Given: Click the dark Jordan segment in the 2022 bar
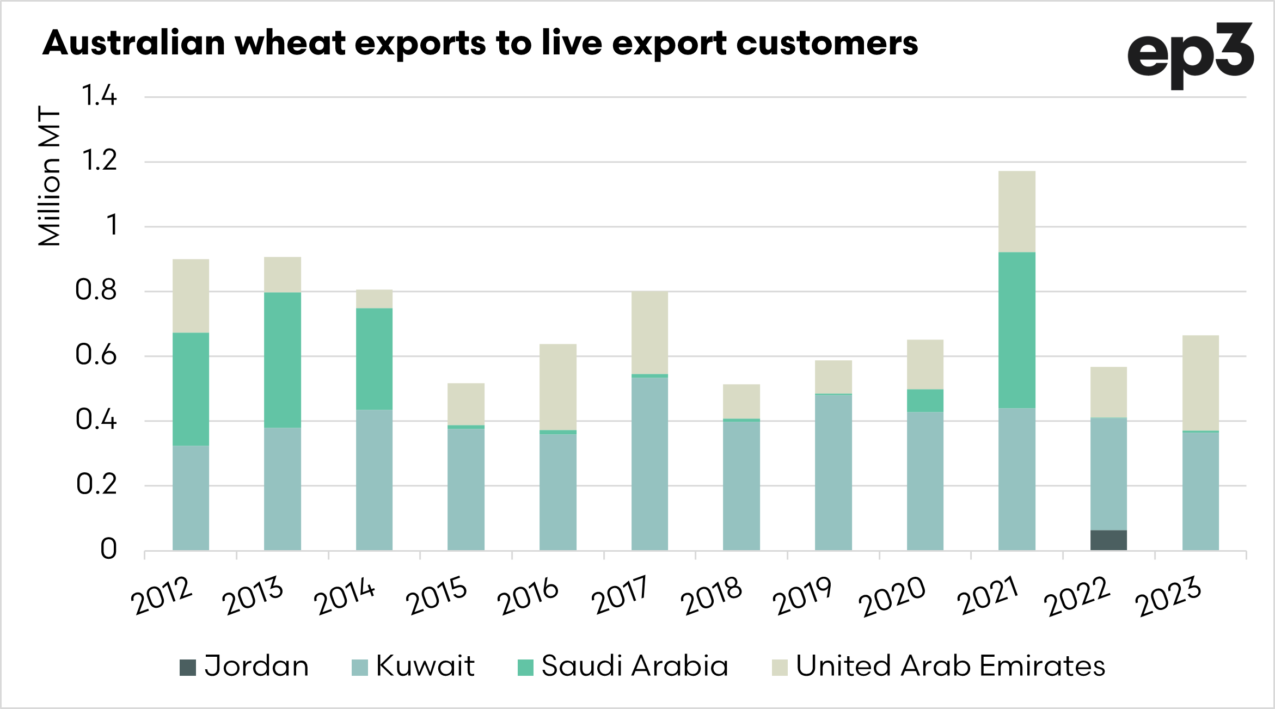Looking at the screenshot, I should (x=1108, y=540).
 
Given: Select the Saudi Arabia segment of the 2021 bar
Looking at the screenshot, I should (x=1016, y=330).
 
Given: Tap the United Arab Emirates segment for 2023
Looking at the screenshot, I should (x=1200, y=383).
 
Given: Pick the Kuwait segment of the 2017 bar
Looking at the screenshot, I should (x=649, y=463).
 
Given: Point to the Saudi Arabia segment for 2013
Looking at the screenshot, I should (x=283, y=360).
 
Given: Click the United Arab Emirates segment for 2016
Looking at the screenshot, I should (x=557, y=386).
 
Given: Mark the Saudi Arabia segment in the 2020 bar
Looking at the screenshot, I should (x=925, y=400).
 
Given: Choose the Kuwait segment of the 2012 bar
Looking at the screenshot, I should (x=191, y=497).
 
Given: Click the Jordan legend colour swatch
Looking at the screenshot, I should (x=188, y=667).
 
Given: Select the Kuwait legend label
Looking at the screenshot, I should (x=425, y=666).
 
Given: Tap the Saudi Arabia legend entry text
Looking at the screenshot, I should (x=635, y=666).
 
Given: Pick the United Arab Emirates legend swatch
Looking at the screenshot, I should (x=780, y=667).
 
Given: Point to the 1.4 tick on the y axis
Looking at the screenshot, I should (x=99, y=96).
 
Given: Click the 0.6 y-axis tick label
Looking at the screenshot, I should (x=96, y=355).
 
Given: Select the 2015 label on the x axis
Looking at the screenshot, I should (x=437, y=595).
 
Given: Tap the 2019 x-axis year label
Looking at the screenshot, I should (x=802, y=595).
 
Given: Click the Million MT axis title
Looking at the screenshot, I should (x=49, y=175).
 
